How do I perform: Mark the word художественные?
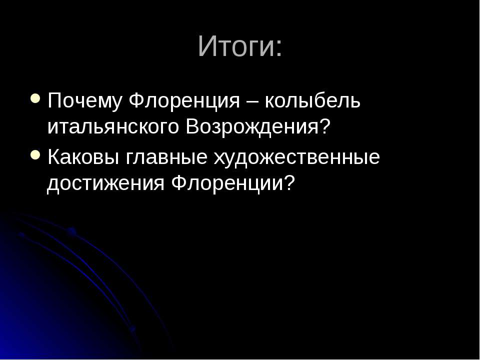[297, 157]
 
